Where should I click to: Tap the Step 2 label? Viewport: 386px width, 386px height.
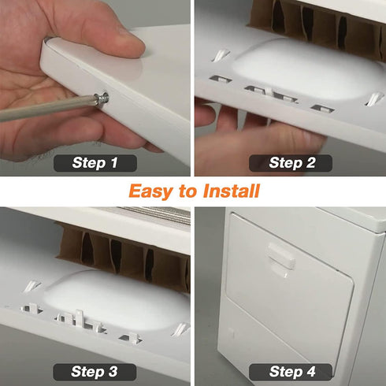point(291,163)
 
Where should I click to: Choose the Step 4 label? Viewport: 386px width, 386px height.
point(291,371)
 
